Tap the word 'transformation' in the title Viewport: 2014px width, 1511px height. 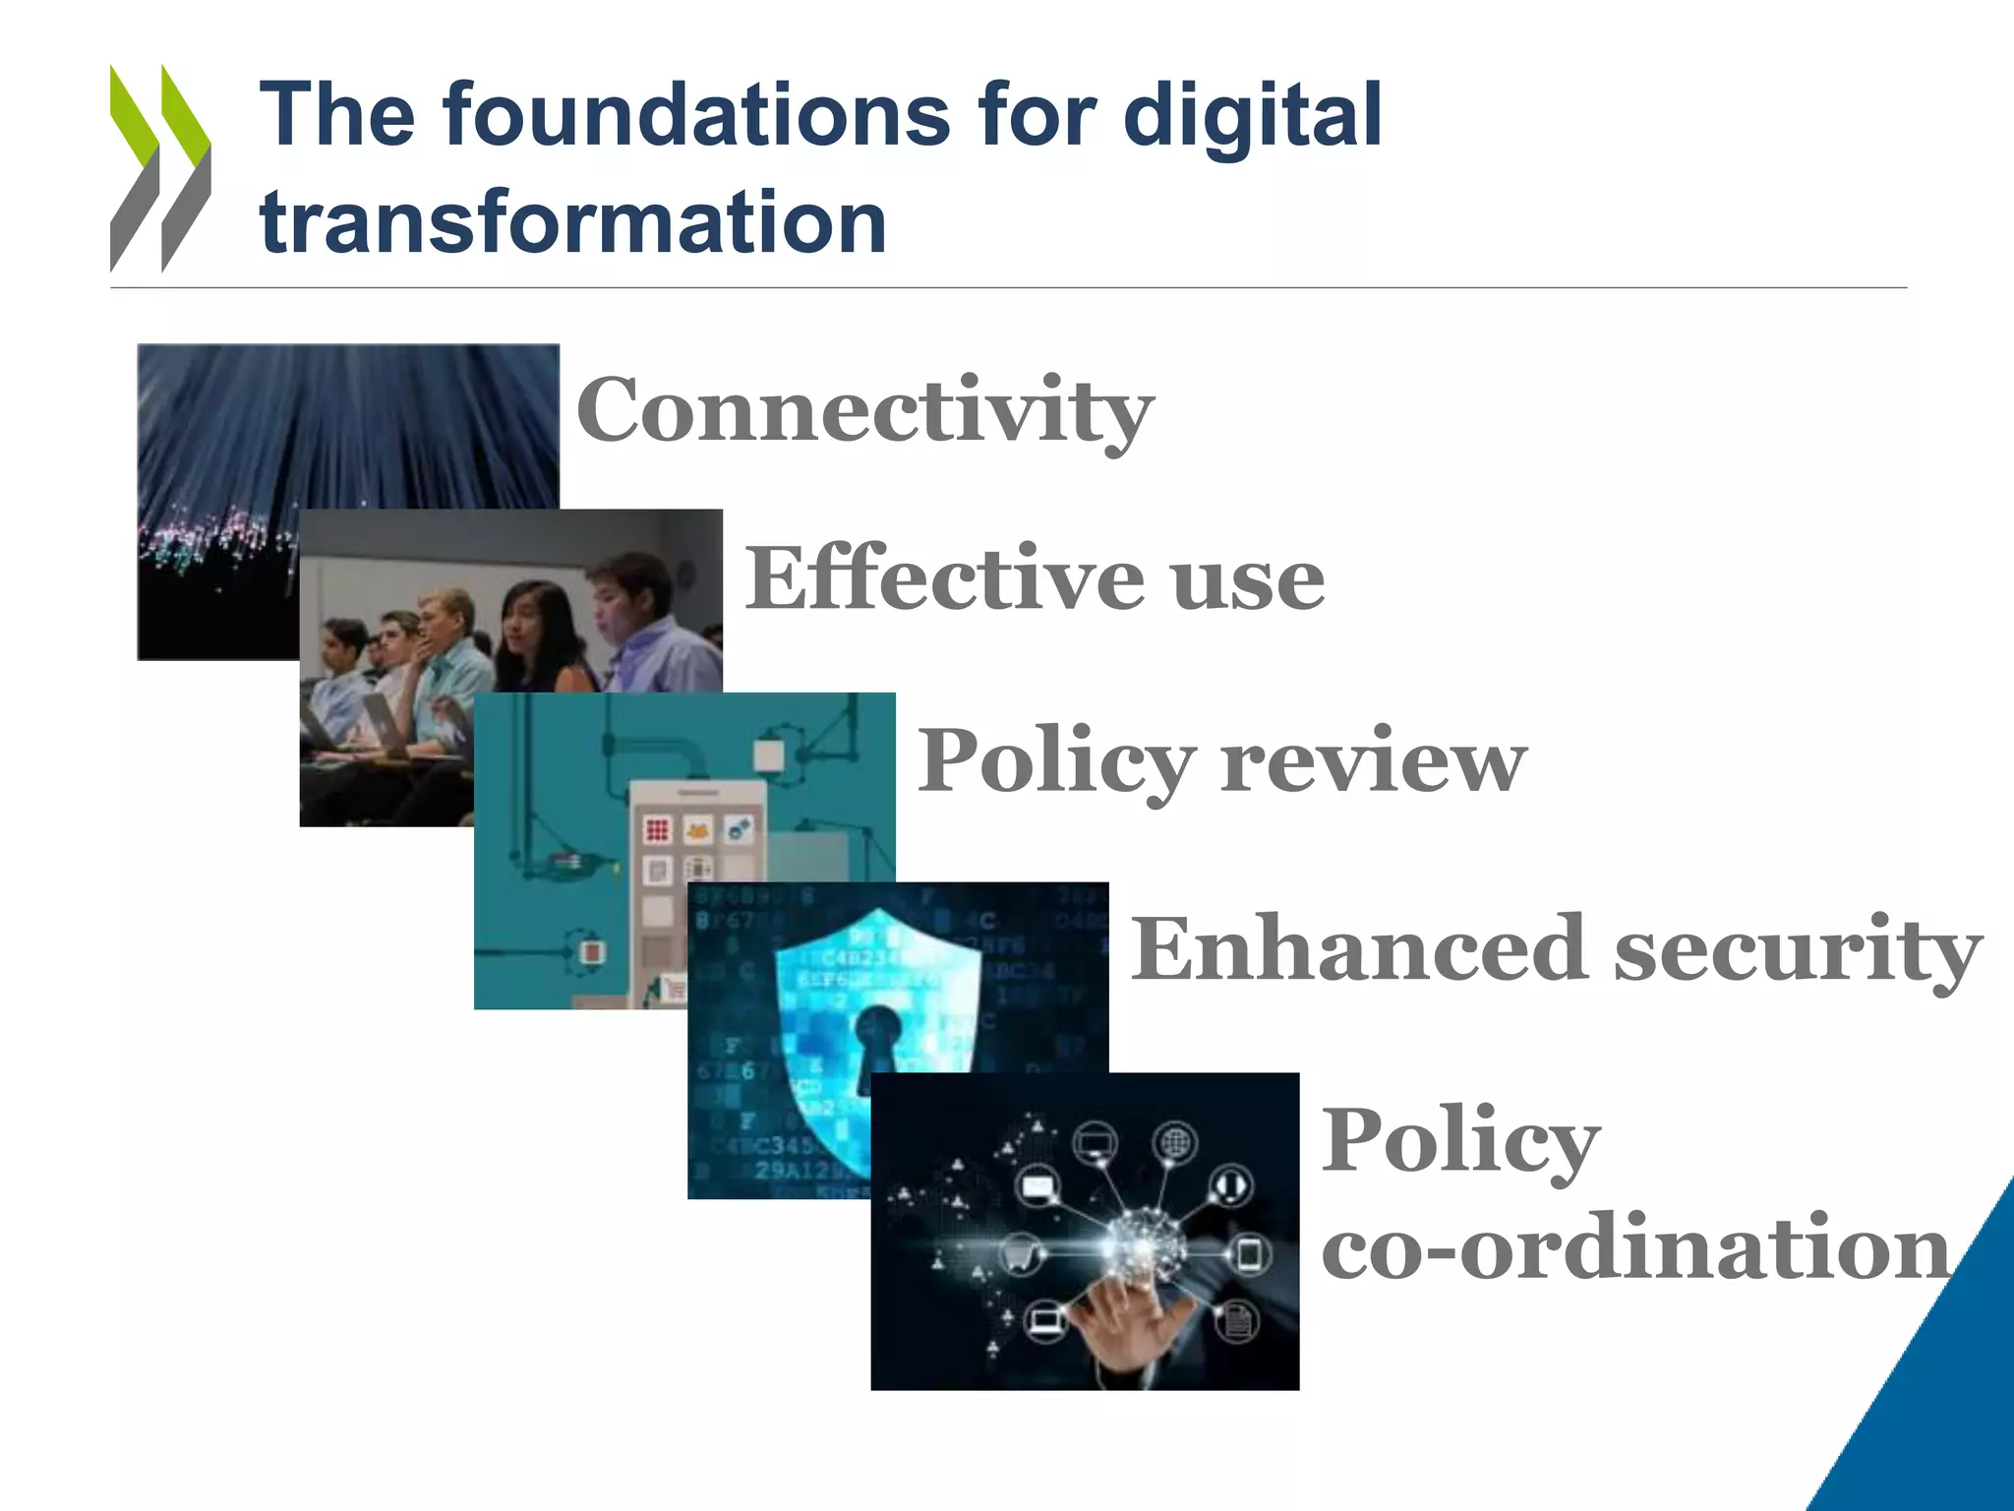(573, 222)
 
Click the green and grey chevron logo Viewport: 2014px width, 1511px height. (160, 167)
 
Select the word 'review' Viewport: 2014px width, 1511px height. (1374, 760)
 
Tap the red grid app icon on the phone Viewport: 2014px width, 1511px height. (657, 829)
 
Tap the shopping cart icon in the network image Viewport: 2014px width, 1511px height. (1021, 1254)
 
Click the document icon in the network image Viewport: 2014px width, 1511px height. (1237, 1321)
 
